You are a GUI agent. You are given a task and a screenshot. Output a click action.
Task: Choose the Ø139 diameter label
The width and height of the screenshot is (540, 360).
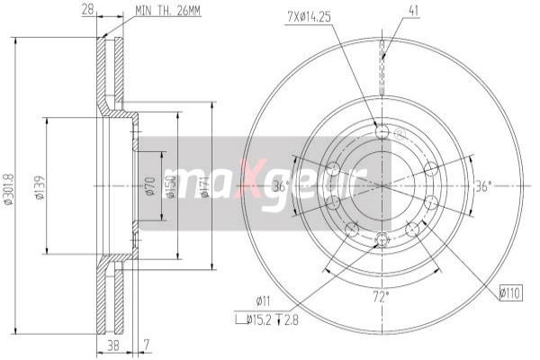tap(39, 186)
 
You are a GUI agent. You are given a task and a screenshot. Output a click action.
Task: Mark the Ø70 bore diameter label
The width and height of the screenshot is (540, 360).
tap(150, 186)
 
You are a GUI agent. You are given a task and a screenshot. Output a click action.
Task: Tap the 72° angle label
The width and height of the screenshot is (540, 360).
tap(382, 294)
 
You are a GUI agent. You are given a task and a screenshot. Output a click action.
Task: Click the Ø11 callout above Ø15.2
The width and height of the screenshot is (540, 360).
tap(264, 301)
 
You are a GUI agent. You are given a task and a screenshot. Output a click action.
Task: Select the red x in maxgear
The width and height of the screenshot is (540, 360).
tap(254, 184)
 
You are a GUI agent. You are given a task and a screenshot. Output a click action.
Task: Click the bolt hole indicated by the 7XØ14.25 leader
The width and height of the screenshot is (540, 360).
tap(382, 132)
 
